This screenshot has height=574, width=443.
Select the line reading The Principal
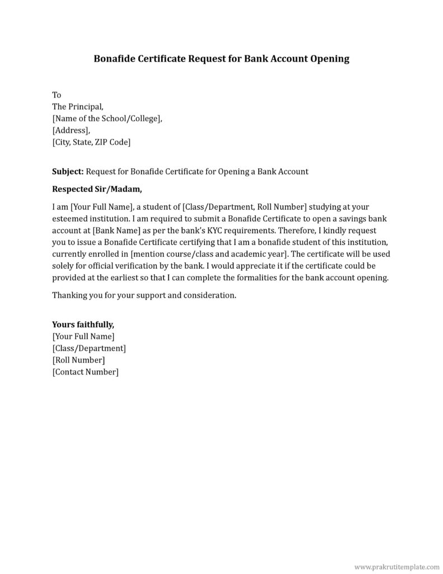tap(78, 107)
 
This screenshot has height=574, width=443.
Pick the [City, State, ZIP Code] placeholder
tap(91, 142)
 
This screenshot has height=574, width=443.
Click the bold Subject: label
tap(68, 171)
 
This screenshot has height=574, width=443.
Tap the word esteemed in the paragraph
tap(71, 219)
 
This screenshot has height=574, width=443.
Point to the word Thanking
tap(69, 295)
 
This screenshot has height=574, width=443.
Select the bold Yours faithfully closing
tap(83, 324)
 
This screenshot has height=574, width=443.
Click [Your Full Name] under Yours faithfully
tap(83, 336)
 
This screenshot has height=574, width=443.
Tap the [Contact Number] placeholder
tap(85, 372)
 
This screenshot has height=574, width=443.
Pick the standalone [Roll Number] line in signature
tap(78, 360)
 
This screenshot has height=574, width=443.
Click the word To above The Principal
tap(57, 95)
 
